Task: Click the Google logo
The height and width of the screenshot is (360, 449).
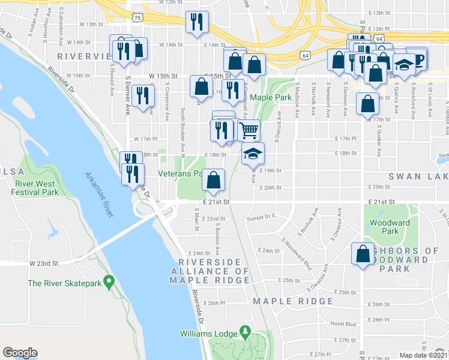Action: [20, 353]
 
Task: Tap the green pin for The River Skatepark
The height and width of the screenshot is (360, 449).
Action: [109, 281]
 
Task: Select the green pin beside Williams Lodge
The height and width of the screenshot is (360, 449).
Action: [245, 331]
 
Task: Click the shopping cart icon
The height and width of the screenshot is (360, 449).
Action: [249, 130]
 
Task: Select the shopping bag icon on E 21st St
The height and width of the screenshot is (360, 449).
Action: [214, 179]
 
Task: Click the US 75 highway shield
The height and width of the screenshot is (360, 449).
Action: [139, 19]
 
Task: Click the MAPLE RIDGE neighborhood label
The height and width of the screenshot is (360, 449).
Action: [293, 301]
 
